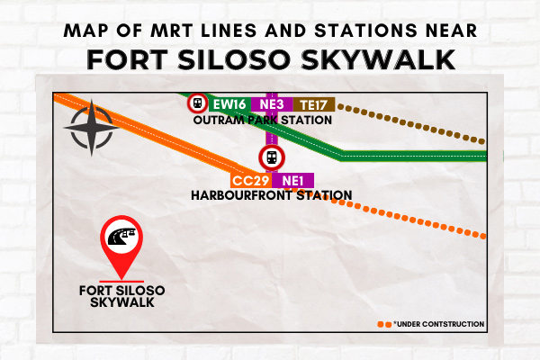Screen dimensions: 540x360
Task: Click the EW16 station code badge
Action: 229,104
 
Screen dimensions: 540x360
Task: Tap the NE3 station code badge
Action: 272,104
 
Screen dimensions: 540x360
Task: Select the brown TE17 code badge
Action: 314,104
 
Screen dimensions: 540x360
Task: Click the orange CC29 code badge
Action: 251,181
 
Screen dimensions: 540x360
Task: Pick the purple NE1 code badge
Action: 292,181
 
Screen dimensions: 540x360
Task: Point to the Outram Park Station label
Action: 263,121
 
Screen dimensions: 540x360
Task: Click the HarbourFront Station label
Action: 272,195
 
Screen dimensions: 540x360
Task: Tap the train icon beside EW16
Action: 198,103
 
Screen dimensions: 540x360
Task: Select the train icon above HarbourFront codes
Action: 272,157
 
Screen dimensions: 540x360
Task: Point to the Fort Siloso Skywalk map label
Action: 121,296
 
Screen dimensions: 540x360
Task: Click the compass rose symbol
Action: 92,128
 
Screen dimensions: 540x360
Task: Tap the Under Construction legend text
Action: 439,324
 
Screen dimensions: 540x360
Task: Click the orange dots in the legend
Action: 384,325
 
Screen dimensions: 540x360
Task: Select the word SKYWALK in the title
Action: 378,59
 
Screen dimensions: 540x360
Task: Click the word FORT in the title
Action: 127,59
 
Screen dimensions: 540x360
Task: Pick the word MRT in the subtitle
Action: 172,31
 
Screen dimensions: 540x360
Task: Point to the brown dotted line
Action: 411,124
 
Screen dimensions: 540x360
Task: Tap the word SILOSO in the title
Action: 234,59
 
